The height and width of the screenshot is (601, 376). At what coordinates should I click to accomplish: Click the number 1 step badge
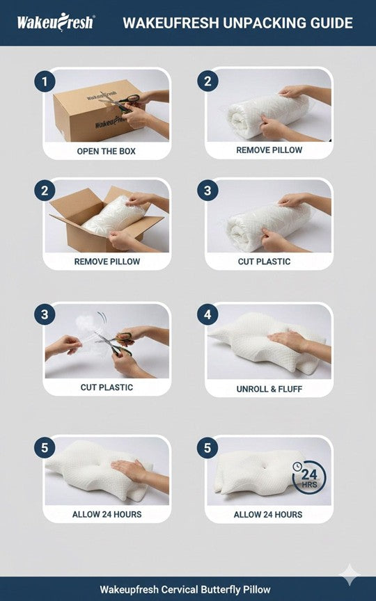pyautogui.click(x=45, y=81)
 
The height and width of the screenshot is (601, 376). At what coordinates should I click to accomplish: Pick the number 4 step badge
pyautogui.click(x=207, y=314)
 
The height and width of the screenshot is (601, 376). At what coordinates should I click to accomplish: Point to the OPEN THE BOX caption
pyautogui.click(x=107, y=152)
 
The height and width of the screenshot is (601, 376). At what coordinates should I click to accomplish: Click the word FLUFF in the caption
pyautogui.click(x=290, y=389)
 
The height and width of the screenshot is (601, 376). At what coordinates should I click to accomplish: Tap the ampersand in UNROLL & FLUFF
pyautogui.click(x=273, y=389)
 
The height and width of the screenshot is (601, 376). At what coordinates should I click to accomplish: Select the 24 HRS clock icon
pyautogui.click(x=309, y=478)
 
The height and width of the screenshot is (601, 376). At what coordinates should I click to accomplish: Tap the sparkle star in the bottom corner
pyautogui.click(x=350, y=575)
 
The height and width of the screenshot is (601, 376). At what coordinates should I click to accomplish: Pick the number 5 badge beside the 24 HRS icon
pyautogui.click(x=207, y=448)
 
